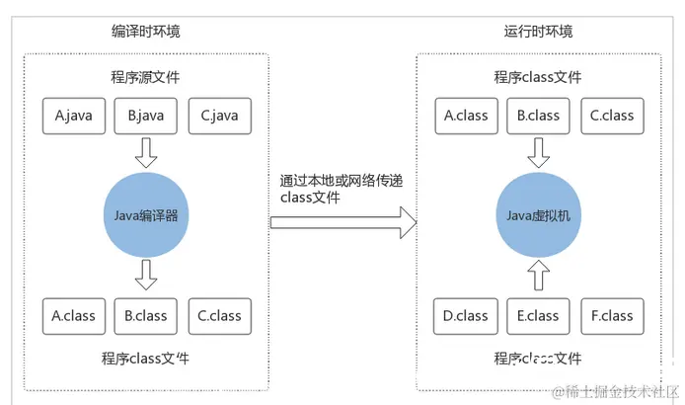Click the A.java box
(74, 115)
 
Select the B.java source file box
(146, 115)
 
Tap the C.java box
(219, 115)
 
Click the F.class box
(612, 316)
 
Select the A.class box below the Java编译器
(74, 316)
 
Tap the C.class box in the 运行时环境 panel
(612, 115)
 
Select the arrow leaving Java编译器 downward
(146, 276)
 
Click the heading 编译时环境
(146, 32)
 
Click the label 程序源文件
(146, 78)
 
